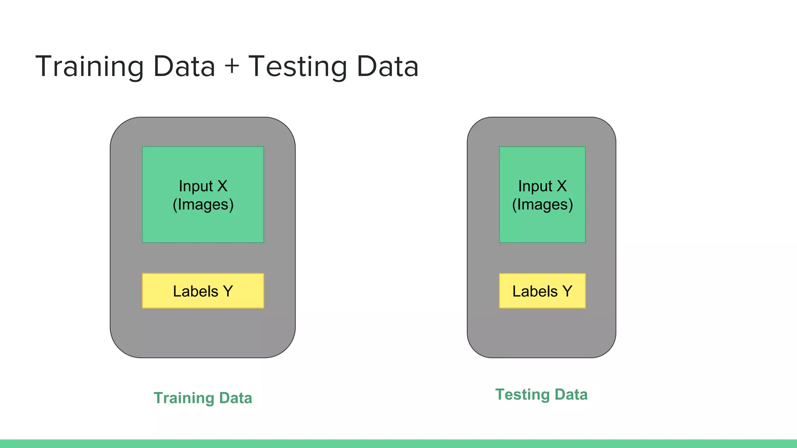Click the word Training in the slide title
point(90,67)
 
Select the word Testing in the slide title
point(297,67)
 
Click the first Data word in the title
point(184,67)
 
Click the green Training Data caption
point(203,398)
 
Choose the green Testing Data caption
point(541,394)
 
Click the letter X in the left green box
point(222,186)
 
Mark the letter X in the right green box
point(562,186)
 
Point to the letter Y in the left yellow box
point(228,291)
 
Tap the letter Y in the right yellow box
point(567,291)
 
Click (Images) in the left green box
point(203,205)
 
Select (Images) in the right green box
point(542,205)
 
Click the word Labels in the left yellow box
point(195,291)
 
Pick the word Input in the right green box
point(535,186)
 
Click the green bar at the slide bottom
point(398,444)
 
